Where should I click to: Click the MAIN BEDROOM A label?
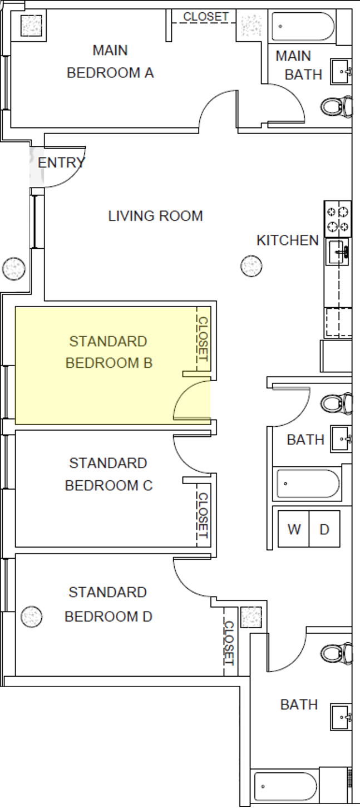[x=110, y=62]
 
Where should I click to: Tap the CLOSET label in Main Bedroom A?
[x=206, y=17]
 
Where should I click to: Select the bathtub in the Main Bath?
[x=303, y=26]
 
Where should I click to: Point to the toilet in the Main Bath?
[x=337, y=106]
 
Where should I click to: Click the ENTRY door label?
[x=61, y=163]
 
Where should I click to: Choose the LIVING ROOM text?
[x=155, y=216]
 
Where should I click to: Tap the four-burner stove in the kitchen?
[x=338, y=218]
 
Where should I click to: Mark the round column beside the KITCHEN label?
[x=251, y=266]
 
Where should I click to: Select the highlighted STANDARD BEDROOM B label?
[x=109, y=352]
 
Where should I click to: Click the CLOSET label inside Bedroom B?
[x=203, y=339]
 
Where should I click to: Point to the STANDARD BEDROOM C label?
[x=109, y=474]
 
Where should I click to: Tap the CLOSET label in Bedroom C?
[x=203, y=515]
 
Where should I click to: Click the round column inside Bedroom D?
[x=32, y=617]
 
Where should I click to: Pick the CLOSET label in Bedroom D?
[x=229, y=643]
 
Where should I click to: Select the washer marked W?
[x=294, y=529]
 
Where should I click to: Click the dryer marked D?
[x=324, y=529]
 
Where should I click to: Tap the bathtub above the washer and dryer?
[x=308, y=484]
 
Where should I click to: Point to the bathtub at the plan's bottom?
[x=284, y=787]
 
